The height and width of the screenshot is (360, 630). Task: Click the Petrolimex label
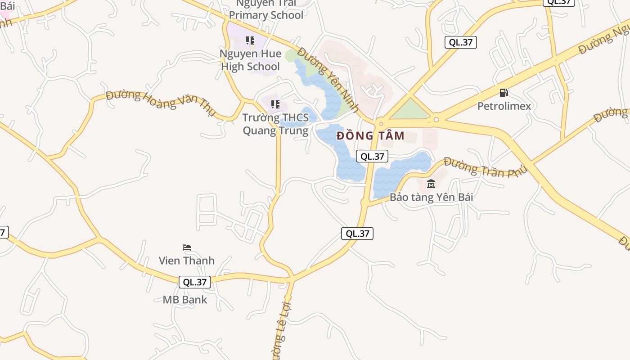point(504,106)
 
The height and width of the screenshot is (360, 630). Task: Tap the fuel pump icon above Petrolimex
point(504,93)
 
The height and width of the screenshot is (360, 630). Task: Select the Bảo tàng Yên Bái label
point(431,197)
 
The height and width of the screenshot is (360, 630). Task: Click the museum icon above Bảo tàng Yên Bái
point(431,184)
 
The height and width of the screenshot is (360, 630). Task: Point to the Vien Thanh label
point(187,261)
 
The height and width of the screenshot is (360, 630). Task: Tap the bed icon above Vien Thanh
point(187,247)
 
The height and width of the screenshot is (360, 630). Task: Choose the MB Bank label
point(185,300)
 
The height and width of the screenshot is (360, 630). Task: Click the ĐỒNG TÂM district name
point(370,135)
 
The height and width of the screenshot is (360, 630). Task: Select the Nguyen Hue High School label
point(250,60)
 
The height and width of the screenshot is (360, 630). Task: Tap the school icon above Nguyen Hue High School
point(250,40)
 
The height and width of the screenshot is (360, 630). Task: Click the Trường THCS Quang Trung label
point(275,124)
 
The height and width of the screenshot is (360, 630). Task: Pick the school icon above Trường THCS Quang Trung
point(275,105)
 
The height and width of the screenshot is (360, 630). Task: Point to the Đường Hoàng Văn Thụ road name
point(161,103)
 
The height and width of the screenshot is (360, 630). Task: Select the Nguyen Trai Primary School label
point(266,10)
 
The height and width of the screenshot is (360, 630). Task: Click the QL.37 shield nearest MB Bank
point(195,282)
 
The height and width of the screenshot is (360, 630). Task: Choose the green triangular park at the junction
point(409,110)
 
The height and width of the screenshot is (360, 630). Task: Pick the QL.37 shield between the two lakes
point(372,156)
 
